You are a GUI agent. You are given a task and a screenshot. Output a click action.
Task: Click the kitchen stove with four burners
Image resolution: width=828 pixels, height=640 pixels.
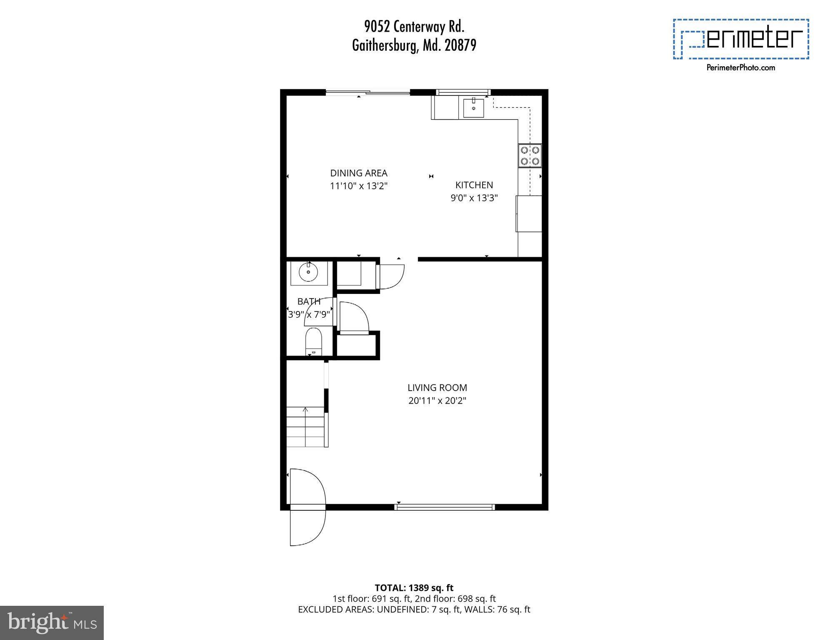pos(530,156)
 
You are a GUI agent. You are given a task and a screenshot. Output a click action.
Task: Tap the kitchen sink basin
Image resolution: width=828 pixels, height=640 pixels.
pos(473,108)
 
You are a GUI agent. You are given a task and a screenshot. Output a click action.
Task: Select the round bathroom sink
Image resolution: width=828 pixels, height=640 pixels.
pos(308,273)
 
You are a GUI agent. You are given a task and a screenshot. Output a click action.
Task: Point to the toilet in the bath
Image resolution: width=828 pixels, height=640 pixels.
pos(313,340)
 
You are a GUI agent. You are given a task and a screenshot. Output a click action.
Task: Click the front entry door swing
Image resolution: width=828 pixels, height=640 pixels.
pos(307,507)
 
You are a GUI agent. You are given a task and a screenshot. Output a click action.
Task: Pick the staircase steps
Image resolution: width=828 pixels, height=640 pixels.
pos(305,427)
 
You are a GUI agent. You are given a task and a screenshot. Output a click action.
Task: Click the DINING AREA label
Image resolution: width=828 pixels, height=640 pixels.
pos(359,173)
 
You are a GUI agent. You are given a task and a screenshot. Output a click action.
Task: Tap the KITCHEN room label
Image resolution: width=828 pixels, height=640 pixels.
pos(474,185)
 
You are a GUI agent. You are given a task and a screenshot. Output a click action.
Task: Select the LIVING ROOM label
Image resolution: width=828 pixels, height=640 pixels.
pos(437,388)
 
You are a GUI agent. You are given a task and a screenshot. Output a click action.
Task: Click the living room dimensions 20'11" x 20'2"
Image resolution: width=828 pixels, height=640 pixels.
pos(437,401)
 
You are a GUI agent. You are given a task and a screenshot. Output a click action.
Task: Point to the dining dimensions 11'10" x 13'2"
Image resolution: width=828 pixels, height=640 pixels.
pos(359,186)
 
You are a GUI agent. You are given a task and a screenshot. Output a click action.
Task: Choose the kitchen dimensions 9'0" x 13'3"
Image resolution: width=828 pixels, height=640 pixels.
pos(474,198)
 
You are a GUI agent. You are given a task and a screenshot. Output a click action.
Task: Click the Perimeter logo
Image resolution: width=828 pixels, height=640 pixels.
pos(740,39)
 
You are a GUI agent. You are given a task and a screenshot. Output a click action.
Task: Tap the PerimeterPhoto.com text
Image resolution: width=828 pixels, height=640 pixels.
pos(740,68)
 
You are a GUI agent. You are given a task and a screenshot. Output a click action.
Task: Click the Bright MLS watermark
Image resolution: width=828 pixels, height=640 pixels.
pos(52,623)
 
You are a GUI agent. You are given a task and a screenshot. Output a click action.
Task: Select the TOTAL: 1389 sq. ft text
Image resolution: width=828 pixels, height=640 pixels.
pos(414,588)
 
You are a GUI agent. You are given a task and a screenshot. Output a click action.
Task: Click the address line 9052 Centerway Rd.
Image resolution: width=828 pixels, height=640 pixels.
pos(414,27)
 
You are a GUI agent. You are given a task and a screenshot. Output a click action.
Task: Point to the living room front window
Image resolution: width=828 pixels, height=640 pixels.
pos(444,507)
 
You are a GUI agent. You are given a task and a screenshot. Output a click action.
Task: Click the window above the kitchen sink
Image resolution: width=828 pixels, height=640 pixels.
pos(463,92)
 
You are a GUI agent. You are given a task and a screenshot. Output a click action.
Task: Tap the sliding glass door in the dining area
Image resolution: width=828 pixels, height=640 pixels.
pos(368,93)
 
